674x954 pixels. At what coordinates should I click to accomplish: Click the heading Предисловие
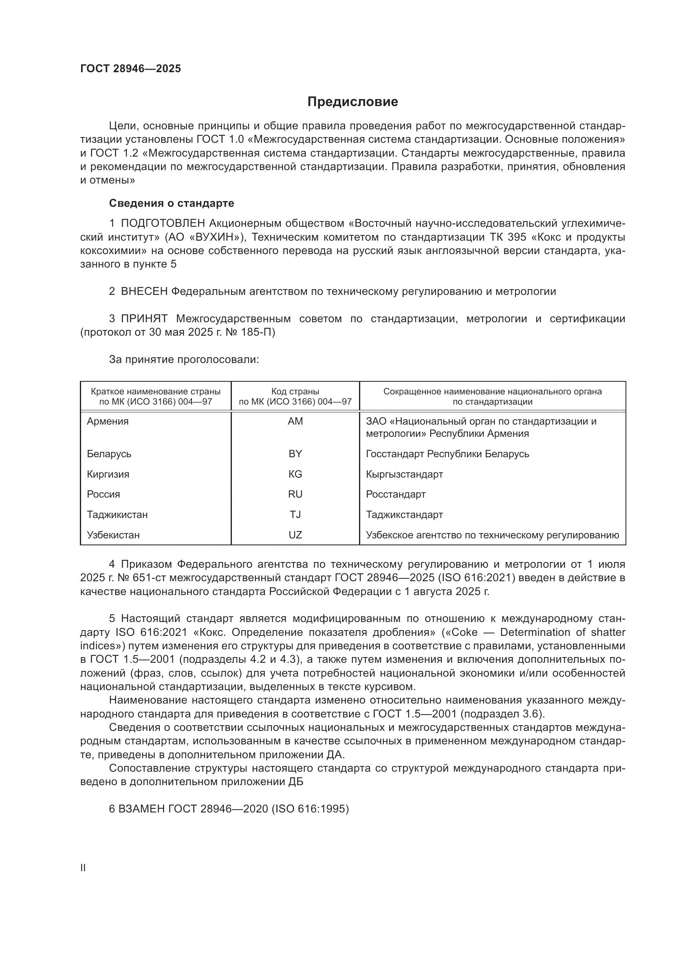[x=352, y=102]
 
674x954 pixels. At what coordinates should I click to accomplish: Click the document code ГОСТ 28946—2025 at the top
[x=131, y=69]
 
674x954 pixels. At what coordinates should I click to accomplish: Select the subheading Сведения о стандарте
[x=172, y=203]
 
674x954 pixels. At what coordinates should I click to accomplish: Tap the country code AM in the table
[x=295, y=421]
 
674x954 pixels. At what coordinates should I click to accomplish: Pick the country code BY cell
[x=295, y=454]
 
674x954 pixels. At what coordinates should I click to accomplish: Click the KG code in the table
[x=295, y=474]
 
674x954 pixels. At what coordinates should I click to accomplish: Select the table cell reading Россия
[x=104, y=494]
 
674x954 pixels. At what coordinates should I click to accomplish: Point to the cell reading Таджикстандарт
[x=404, y=515]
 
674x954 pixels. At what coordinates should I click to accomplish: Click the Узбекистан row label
[x=113, y=535]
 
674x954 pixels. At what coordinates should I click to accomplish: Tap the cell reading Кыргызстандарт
[x=404, y=474]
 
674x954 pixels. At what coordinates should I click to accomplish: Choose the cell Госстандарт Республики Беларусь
[x=447, y=454]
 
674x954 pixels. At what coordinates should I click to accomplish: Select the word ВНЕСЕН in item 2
[x=144, y=292]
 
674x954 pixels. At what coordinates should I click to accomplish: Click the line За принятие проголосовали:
[x=184, y=359]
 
